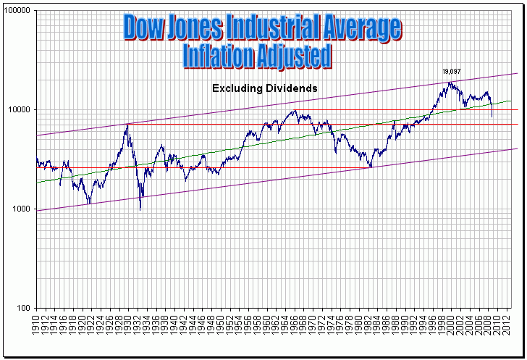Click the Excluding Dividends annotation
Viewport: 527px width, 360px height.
pyautogui.click(x=265, y=88)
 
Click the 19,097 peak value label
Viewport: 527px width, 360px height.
pyautogui.click(x=452, y=72)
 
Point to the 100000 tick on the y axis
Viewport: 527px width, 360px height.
pyautogui.click(x=18, y=12)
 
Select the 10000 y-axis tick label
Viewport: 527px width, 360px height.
pyautogui.click(x=20, y=110)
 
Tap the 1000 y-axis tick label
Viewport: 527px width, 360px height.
pyautogui.click(x=22, y=209)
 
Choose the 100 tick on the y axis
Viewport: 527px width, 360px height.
pyautogui.click(x=24, y=308)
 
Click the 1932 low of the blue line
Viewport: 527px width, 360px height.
pyautogui.click(x=140, y=209)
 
